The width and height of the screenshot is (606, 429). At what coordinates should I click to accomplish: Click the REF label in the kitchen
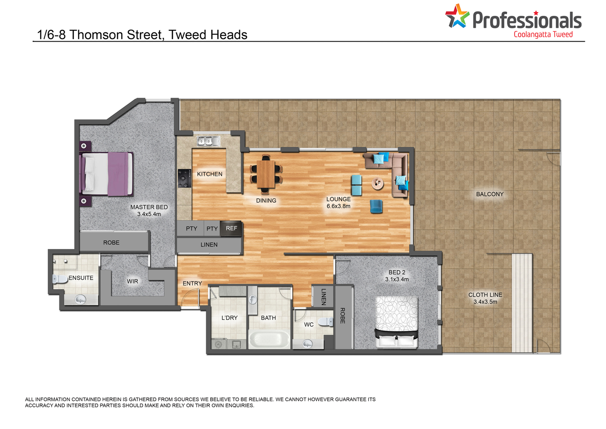(x=231, y=228)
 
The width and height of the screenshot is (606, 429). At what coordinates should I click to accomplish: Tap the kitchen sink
(x=208, y=141)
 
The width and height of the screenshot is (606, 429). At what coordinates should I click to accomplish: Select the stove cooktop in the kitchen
(x=185, y=178)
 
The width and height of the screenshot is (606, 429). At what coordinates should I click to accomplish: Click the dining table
(x=266, y=174)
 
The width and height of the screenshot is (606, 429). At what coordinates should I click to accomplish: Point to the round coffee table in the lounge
(x=377, y=184)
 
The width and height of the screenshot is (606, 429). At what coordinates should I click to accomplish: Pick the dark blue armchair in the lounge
(x=376, y=206)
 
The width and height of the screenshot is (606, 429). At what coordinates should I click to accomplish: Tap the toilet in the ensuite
(x=60, y=279)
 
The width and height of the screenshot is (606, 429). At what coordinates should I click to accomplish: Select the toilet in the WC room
(x=326, y=322)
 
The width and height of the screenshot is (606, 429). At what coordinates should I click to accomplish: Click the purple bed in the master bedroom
(x=106, y=174)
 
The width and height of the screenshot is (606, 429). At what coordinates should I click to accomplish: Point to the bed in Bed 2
(x=397, y=322)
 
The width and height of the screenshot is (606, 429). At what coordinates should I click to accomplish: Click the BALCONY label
(x=490, y=194)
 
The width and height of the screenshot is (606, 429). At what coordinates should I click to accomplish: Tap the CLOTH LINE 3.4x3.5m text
(x=485, y=298)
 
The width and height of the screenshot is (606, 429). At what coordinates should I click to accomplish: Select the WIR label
(x=132, y=281)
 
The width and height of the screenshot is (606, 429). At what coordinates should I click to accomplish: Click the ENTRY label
(x=192, y=283)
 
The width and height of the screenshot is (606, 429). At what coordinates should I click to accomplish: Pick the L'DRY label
(x=229, y=318)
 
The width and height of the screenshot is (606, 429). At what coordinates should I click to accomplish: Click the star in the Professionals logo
(x=457, y=16)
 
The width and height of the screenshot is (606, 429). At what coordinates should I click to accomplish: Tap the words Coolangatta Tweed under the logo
(x=543, y=35)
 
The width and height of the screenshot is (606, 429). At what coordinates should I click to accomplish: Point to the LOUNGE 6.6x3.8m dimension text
(x=339, y=203)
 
